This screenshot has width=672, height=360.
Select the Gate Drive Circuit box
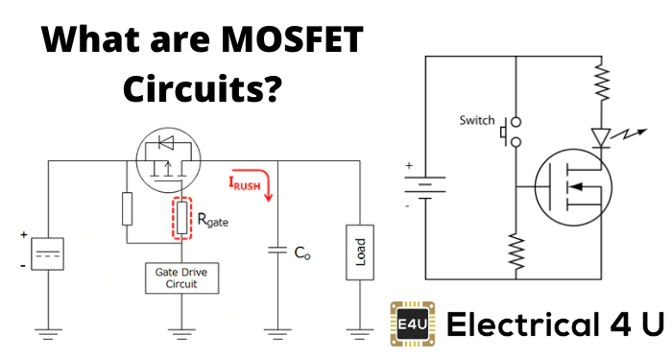coord(177,278)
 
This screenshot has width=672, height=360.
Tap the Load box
coord(361,253)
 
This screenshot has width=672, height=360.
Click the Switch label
coord(476,121)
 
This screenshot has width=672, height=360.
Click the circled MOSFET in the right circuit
coord(573,186)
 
